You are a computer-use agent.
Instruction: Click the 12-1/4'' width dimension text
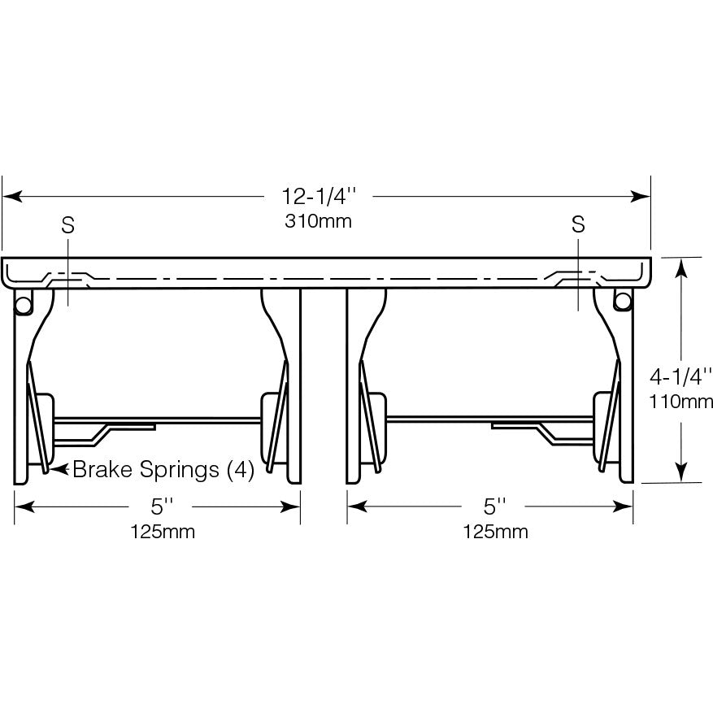(x=319, y=197)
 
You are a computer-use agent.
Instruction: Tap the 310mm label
(x=319, y=221)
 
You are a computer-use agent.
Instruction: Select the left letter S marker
(x=67, y=224)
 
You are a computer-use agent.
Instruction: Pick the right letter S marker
(x=578, y=224)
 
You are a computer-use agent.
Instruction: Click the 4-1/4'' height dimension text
(x=680, y=376)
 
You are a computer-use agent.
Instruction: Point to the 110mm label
(x=680, y=402)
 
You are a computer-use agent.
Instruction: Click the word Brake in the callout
(x=102, y=469)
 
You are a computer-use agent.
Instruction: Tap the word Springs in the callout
(x=180, y=470)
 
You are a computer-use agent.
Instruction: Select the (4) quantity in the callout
(x=241, y=469)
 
